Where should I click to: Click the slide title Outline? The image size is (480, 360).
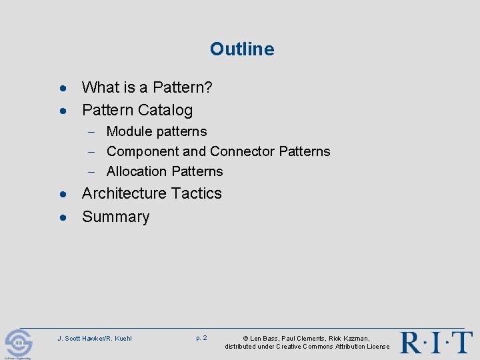click(x=241, y=49)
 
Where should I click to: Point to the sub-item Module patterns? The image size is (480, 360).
click(x=157, y=131)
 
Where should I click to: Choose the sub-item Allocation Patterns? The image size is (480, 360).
click(x=165, y=171)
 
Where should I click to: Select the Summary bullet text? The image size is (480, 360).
click(x=115, y=217)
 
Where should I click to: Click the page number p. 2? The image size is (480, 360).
click(x=201, y=338)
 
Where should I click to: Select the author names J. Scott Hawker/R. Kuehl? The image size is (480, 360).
click(x=95, y=339)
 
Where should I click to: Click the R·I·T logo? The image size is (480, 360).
click(x=436, y=342)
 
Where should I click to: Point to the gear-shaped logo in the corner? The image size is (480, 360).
click(x=18, y=343)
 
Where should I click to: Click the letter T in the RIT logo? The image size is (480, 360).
click(x=461, y=342)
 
